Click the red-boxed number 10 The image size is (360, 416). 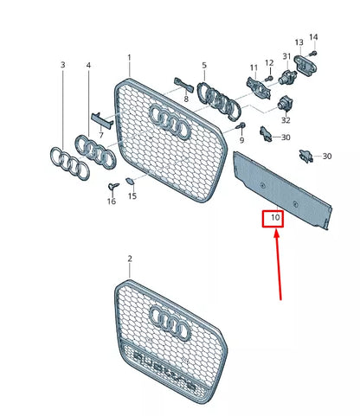274,218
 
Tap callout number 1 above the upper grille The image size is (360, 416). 130,59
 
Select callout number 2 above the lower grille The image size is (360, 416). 130,259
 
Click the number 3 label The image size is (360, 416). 62,66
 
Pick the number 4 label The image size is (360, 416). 88,66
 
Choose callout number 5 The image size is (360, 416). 204,65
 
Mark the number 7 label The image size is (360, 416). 100,136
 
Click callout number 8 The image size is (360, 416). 185,99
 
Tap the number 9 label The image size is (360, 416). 241,139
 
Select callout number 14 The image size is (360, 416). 313,36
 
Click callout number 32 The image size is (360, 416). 286,122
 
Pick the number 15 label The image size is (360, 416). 132,196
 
